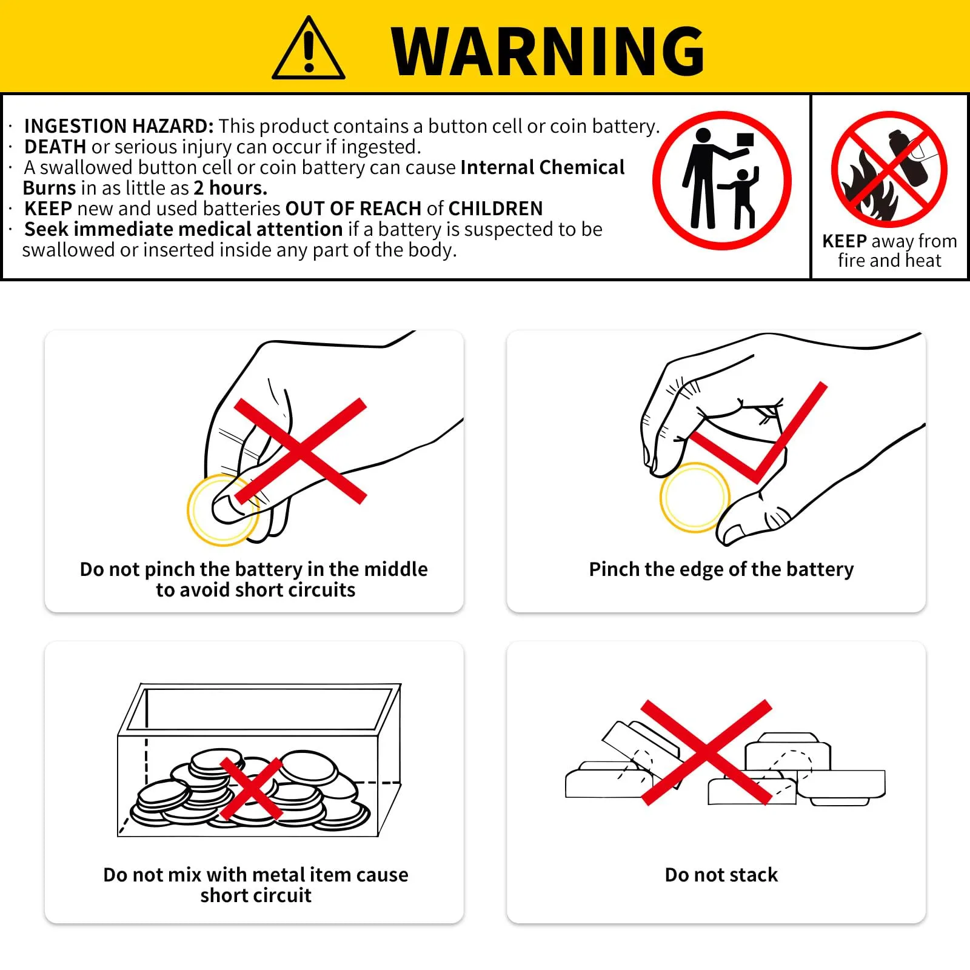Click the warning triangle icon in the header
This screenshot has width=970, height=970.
pos(309,48)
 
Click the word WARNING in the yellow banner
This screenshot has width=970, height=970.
pos(548,52)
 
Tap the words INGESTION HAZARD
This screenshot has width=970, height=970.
pos(119,126)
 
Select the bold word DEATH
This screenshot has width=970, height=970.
pos(55,147)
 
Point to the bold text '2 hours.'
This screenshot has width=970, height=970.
pos(230,188)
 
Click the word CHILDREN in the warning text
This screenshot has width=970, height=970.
pos(496,209)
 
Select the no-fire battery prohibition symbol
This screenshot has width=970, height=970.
pos(889,169)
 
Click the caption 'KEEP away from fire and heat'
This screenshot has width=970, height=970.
pos(889,250)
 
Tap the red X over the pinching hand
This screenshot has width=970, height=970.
pos(301,451)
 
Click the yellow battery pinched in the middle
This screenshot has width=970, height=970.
pos(223,510)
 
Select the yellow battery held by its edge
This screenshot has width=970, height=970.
pos(695,498)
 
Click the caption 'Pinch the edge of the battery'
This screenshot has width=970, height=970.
pos(721,570)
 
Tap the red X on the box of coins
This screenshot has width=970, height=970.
pos(251,788)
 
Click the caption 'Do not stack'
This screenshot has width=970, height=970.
pos(721,875)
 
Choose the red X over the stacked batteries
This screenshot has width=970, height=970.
pos(706,752)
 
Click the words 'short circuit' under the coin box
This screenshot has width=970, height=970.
pos(256,895)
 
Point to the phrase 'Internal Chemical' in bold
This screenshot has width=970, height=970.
pos(543,167)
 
